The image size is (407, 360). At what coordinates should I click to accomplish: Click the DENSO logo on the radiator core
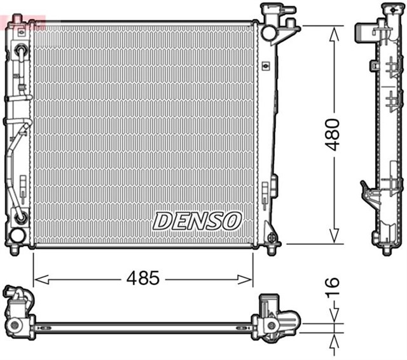(x=197, y=221)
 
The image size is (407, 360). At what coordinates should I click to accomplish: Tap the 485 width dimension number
(x=142, y=278)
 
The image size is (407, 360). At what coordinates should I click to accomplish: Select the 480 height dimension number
(x=333, y=134)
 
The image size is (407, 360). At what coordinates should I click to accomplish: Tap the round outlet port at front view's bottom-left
(x=17, y=235)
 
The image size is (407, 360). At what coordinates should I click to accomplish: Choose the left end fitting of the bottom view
(x=19, y=312)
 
